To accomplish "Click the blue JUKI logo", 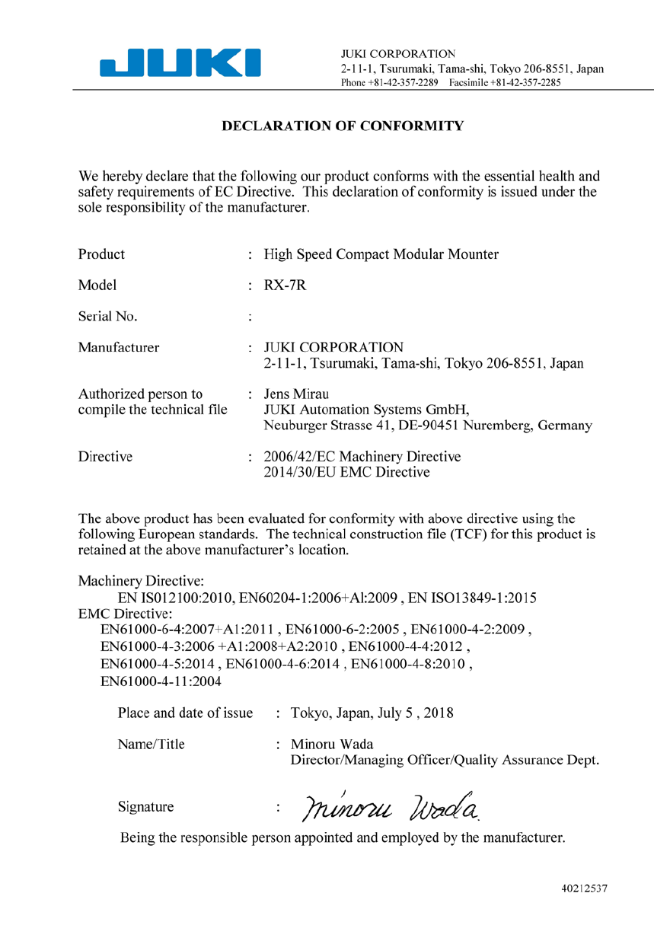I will point(180,62).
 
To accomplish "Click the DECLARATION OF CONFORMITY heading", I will point(342,126).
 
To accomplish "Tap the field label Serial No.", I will point(107,316).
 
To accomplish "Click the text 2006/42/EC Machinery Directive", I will point(362,457).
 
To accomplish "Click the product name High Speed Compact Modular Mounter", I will point(381,254).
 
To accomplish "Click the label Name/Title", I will point(151,745).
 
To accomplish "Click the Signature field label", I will point(145,807).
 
